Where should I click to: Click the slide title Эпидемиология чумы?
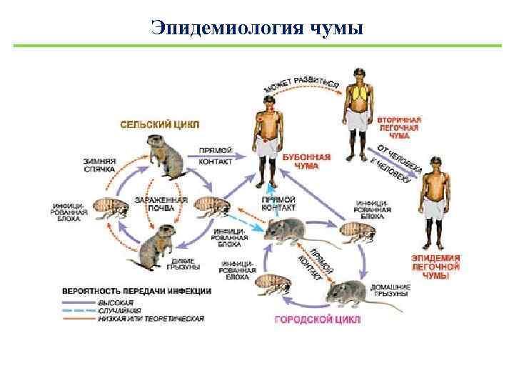coord(257,27)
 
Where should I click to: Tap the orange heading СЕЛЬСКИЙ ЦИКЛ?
coord(159,124)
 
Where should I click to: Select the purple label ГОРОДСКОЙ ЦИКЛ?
coord(318,319)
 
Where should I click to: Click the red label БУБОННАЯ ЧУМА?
coord(306,161)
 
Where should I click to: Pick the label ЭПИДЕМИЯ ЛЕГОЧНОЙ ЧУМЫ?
coord(435,266)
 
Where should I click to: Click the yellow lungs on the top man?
coord(357,92)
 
